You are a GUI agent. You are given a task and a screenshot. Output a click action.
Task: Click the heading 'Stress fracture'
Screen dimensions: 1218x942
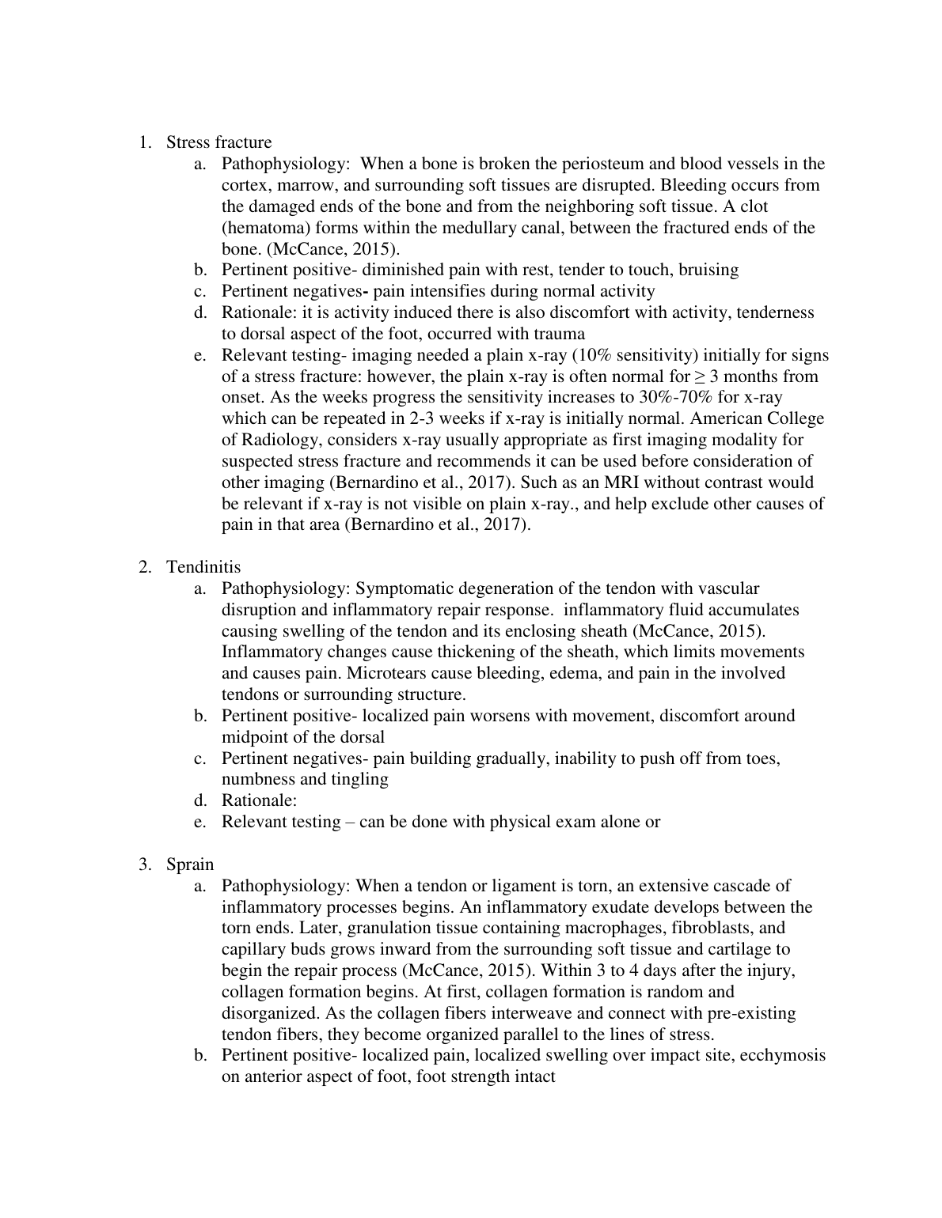[x=218, y=142]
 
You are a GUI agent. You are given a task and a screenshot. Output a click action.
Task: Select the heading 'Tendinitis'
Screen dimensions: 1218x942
[x=203, y=567]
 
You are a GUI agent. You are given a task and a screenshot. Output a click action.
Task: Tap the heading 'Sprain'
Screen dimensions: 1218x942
[x=190, y=864]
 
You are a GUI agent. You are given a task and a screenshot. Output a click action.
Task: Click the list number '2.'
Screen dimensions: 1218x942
[x=145, y=567]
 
